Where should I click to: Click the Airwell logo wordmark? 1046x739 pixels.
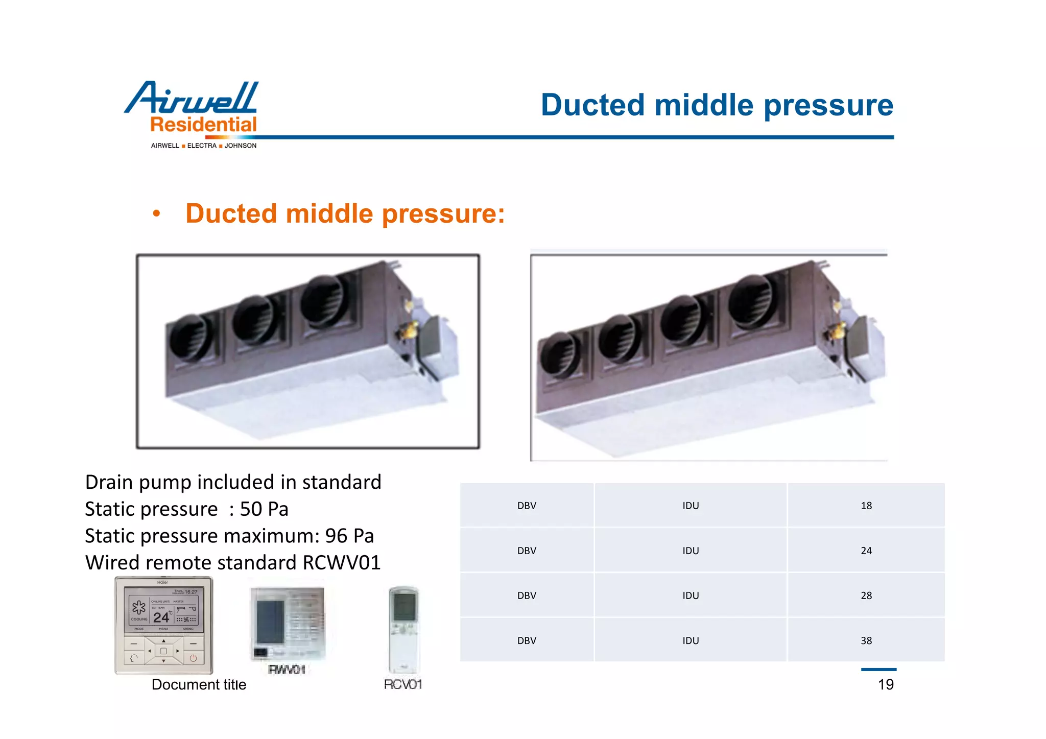(x=192, y=98)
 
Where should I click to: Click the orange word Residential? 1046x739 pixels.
(x=203, y=125)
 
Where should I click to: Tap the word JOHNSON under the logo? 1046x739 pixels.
(x=241, y=146)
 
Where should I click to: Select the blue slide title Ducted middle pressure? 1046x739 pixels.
(x=717, y=105)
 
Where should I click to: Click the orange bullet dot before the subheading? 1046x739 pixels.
(x=157, y=213)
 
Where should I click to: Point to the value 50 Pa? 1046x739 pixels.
(x=264, y=509)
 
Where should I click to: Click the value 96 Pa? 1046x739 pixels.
(x=349, y=536)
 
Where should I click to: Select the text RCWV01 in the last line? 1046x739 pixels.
(x=342, y=563)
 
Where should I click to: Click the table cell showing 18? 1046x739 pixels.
(x=866, y=506)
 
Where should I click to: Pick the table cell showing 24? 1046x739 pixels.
(x=866, y=551)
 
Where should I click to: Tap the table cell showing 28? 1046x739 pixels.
(x=866, y=595)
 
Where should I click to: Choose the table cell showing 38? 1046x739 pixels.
(x=866, y=640)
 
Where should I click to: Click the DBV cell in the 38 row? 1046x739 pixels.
(x=527, y=640)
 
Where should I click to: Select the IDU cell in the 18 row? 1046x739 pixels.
(x=691, y=506)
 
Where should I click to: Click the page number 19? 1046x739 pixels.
(x=886, y=684)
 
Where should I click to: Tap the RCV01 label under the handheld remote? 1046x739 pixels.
(x=403, y=684)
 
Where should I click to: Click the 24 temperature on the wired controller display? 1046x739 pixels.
(x=161, y=617)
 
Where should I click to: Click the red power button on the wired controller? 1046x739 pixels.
(x=193, y=658)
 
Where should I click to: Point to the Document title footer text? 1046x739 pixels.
(x=199, y=685)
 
